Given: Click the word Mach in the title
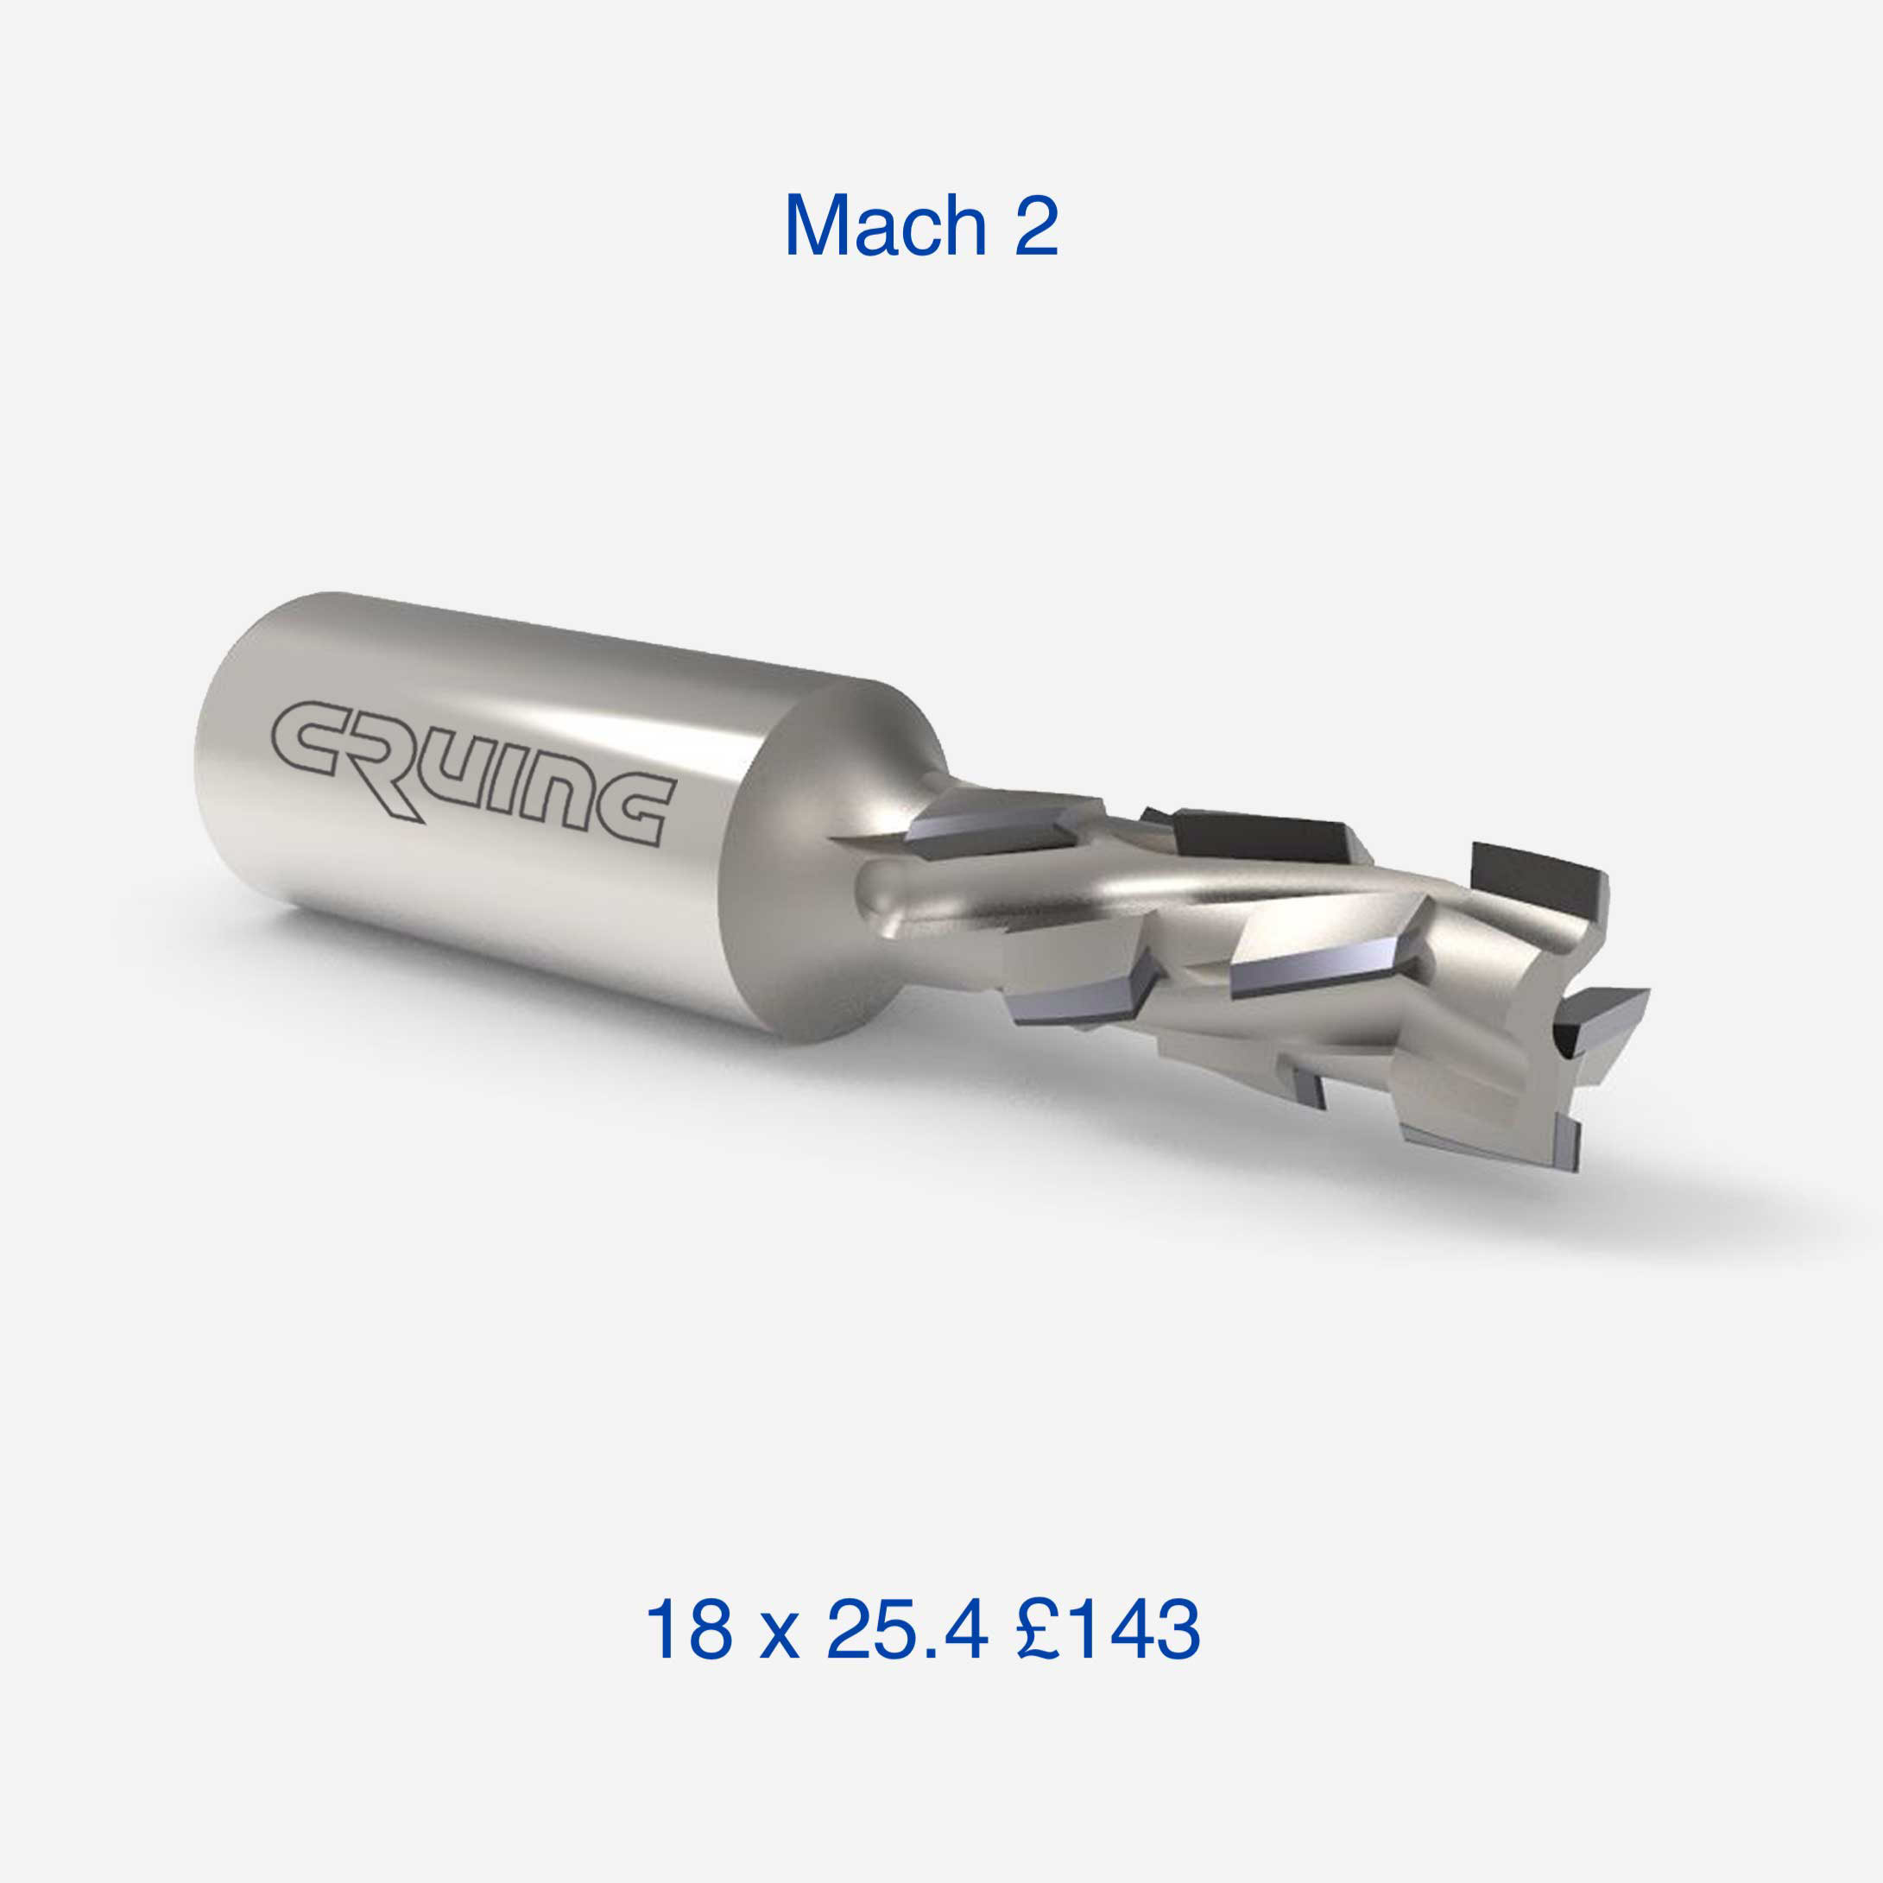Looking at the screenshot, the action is click(886, 225).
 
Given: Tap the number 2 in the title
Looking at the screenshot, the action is click(1036, 225).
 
